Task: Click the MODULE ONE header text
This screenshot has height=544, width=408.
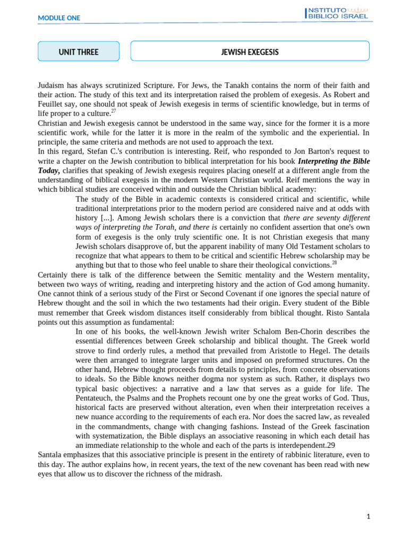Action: click(59, 18)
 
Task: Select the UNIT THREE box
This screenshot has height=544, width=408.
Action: click(79, 52)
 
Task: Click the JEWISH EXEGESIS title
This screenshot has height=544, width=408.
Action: click(250, 52)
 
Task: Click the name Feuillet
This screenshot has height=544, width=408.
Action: click(52, 104)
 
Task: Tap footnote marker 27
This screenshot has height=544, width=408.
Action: click(113, 112)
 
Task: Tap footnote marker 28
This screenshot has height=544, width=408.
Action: click(334, 262)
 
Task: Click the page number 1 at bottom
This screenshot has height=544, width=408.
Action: click(368, 516)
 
